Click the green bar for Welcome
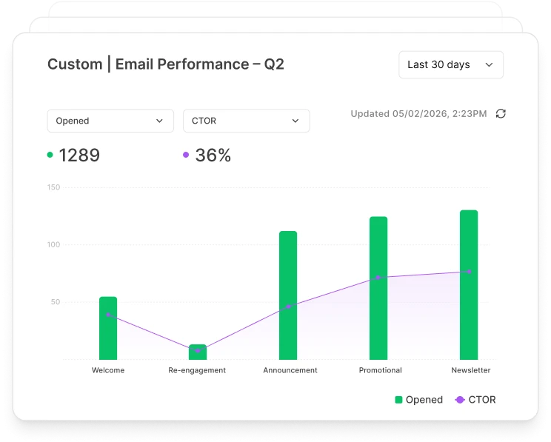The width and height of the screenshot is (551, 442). point(108,329)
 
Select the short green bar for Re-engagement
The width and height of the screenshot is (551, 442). point(198,352)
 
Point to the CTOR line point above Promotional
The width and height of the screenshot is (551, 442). point(378,278)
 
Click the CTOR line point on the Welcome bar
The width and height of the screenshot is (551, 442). point(108,315)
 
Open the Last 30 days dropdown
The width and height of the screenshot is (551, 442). point(450,65)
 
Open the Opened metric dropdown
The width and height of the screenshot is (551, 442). point(110,121)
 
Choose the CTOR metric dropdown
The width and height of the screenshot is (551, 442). point(246,121)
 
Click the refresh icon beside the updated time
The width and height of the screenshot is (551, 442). point(501,114)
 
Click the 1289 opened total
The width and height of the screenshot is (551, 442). point(79,155)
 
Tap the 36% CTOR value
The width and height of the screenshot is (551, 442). point(213,155)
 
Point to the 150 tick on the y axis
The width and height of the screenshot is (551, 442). point(53,187)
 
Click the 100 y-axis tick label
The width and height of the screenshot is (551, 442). point(53,245)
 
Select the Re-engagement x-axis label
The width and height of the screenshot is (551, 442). point(197,370)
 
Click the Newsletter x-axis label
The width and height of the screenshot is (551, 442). point(471,370)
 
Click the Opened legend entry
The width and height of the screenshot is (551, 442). point(419,400)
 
